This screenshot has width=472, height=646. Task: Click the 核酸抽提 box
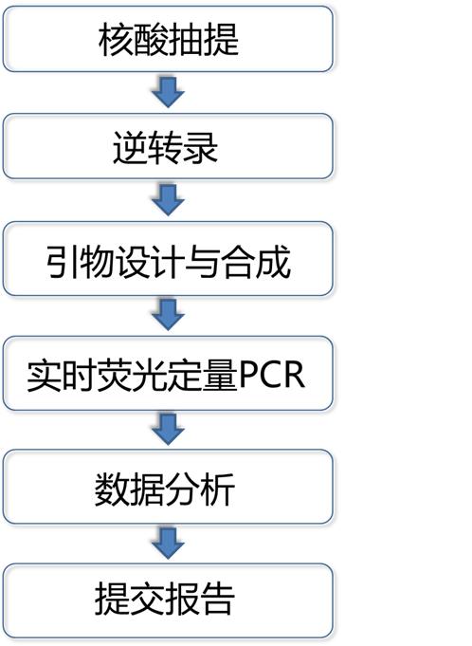[168, 39]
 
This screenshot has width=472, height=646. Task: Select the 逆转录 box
[168, 146]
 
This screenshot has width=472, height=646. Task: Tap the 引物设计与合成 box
[168, 259]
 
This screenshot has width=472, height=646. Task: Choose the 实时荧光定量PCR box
[168, 373]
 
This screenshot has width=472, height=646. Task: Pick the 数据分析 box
[168, 487]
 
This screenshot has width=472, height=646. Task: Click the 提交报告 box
[168, 600]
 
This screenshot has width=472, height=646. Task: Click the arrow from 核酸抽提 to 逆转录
[168, 92]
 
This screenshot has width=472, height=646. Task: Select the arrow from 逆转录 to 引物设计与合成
[168, 200]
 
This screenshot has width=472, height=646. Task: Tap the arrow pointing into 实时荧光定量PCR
[168, 315]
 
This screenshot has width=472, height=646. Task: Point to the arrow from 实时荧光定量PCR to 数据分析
[168, 430]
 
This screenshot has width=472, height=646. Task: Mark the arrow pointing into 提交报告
[168, 544]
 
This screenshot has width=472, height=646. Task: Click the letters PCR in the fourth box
[272, 375]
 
